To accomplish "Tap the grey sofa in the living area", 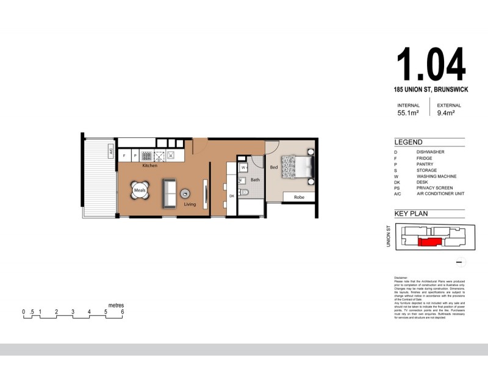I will (169, 192).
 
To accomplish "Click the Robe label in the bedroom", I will (299, 197).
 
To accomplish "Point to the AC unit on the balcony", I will (111, 151).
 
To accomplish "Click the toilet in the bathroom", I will (244, 192).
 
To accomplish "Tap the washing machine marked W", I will (243, 167).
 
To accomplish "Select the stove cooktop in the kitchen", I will (147, 156).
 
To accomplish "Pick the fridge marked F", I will (124, 156).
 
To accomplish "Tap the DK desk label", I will (232, 196).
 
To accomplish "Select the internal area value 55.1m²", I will (408, 113).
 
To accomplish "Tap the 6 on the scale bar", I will (123, 312).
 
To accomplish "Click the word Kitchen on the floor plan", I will (149, 165).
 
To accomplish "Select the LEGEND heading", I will (408, 142).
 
